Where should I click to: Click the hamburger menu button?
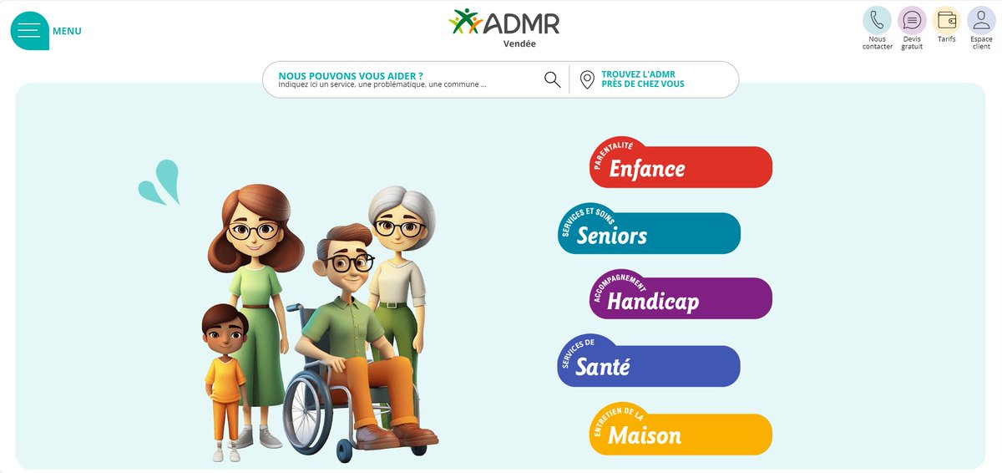point(29,31)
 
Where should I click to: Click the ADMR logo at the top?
point(504,22)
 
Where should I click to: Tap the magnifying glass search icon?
point(552,79)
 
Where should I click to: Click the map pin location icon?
point(587,79)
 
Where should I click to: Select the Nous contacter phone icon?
point(877,20)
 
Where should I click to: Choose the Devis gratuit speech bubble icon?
point(912,20)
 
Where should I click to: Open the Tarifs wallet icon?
point(947,20)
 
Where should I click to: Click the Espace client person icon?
point(981,20)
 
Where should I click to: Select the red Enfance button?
point(681,167)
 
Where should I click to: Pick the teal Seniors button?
point(649,234)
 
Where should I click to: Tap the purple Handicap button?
point(681,299)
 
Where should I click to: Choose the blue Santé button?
point(649,366)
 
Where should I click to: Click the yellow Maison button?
point(681,435)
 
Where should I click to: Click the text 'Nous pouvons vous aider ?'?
point(351,75)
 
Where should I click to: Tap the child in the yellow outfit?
point(225,376)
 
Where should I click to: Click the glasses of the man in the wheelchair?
point(349,262)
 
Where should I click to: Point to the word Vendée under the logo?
point(519,43)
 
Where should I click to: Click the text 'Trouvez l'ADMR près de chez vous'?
point(642,79)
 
